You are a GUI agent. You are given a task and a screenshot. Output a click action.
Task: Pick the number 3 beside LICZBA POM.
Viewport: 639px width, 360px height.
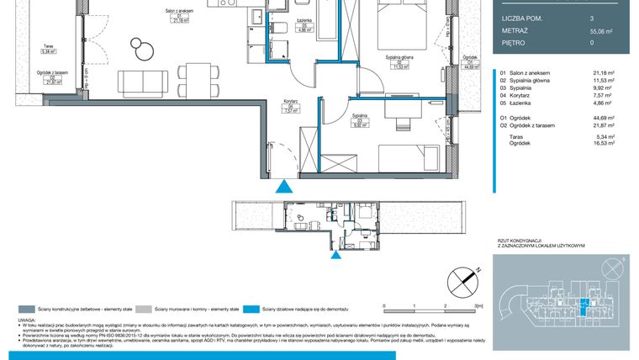coord(591,18)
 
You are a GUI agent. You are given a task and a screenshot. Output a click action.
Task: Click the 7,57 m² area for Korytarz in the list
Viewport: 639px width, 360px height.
coord(603,96)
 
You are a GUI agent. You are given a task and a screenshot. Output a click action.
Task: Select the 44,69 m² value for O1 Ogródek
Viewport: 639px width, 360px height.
coord(602,118)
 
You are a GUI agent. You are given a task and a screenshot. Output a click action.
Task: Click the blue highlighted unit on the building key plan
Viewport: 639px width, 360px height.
coord(584,307)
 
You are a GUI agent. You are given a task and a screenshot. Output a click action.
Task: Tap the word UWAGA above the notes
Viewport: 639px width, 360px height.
coord(28,321)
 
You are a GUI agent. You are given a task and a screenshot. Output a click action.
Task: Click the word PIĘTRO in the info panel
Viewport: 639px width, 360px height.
coord(513,42)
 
